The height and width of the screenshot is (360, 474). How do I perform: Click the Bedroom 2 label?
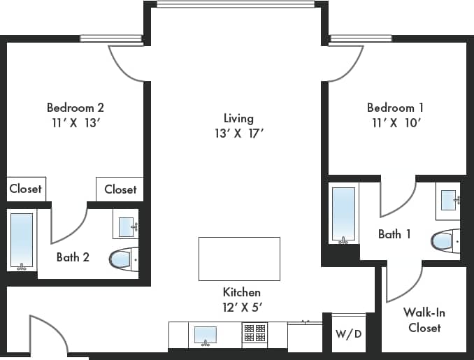[76, 108]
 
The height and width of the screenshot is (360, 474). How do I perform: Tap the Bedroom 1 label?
[395, 108]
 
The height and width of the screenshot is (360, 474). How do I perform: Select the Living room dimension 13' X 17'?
[238, 132]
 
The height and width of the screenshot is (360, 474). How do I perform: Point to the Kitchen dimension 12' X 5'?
[241, 306]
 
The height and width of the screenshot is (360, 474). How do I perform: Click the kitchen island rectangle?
[239, 259]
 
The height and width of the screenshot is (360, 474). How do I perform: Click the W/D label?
[348, 333]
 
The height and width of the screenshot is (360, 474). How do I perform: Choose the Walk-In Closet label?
[424, 320]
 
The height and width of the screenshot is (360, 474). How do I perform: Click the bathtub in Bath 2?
[22, 240]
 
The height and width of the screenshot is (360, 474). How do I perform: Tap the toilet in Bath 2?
[121, 260]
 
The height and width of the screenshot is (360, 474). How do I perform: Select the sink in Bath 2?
[127, 226]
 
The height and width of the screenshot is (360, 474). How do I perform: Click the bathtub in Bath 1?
[343, 213]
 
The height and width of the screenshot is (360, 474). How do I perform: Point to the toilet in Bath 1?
[444, 240]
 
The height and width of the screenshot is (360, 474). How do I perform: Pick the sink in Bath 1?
[447, 199]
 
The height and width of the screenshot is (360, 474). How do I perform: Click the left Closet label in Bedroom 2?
[26, 189]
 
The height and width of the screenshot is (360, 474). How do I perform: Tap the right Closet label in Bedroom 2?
[120, 189]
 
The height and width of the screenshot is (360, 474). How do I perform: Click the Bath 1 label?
[394, 234]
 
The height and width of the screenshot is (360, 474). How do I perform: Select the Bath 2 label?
[73, 257]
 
